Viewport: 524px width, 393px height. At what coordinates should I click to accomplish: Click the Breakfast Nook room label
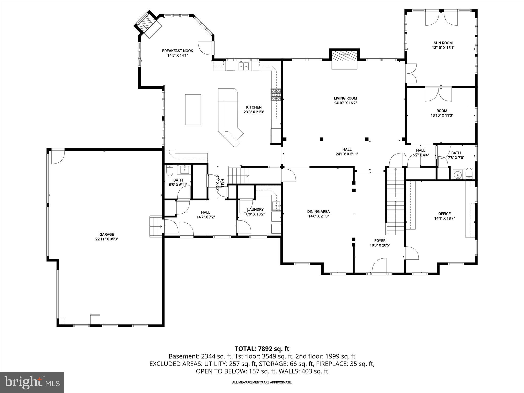tap(177, 51)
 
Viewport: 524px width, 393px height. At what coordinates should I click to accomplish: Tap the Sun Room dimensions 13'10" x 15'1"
tap(443, 48)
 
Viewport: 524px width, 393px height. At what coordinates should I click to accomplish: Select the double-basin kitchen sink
tap(244, 66)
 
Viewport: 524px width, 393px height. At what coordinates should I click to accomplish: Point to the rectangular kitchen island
tap(193, 110)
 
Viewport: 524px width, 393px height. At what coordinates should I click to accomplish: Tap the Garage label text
tap(106, 234)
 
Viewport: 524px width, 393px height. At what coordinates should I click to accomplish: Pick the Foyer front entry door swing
tap(379, 266)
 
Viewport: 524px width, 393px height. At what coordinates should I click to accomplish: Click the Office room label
tap(444, 214)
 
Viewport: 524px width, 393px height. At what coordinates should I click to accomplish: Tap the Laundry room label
tap(255, 209)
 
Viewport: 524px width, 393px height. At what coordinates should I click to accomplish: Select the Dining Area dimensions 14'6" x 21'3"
tap(318, 216)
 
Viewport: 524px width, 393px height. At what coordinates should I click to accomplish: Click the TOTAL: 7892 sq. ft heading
tap(262, 348)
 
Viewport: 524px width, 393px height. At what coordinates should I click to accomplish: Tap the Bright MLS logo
tap(32, 382)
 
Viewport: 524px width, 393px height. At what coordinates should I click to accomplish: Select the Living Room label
tap(345, 98)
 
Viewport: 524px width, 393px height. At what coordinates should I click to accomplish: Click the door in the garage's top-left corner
tap(58, 157)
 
